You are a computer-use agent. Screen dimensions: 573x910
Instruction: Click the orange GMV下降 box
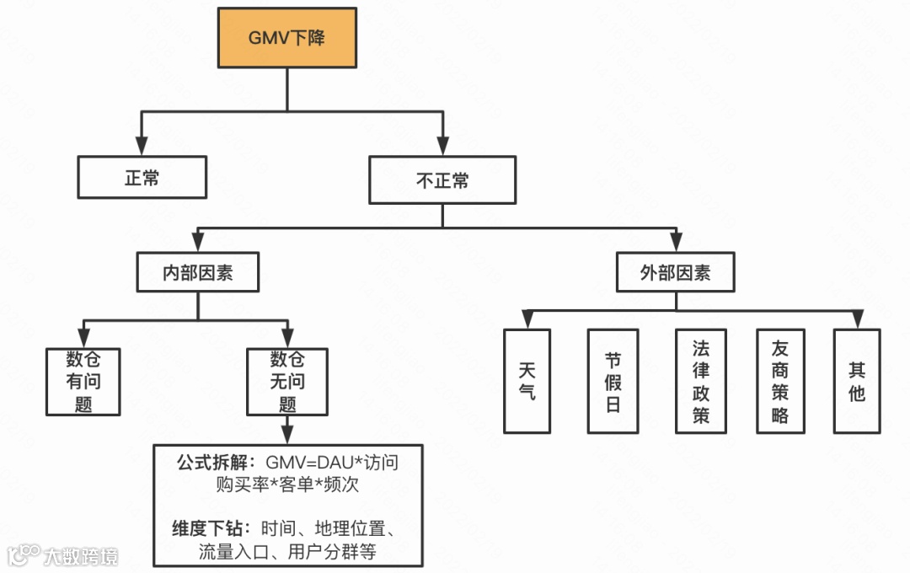tap(286, 38)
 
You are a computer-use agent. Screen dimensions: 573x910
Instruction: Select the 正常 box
tap(142, 178)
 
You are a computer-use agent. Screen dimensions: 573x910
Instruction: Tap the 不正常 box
tap(442, 180)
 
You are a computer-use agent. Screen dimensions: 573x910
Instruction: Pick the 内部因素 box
tap(198, 274)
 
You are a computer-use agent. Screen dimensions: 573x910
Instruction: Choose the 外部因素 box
tap(675, 273)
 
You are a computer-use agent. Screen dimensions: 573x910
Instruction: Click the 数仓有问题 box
tap(83, 381)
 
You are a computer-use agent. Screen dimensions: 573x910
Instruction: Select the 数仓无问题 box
tap(287, 381)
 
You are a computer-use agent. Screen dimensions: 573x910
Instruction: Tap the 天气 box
tap(527, 381)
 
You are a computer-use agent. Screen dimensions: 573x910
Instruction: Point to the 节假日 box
tap(613, 381)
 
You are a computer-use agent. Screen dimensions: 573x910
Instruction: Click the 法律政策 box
tap(700, 381)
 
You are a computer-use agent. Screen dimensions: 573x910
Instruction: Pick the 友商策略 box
tap(779, 381)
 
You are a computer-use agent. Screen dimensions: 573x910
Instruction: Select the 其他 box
tap(857, 381)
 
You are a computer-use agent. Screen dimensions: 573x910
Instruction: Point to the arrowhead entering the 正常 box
tap(142, 147)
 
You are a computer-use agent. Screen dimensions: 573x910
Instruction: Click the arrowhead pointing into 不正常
tap(442, 148)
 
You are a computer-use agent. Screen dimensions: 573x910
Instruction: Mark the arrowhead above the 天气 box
tap(527, 320)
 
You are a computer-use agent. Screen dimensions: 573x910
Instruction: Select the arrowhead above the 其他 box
tap(857, 320)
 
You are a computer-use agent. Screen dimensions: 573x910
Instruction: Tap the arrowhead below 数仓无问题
tap(287, 435)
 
